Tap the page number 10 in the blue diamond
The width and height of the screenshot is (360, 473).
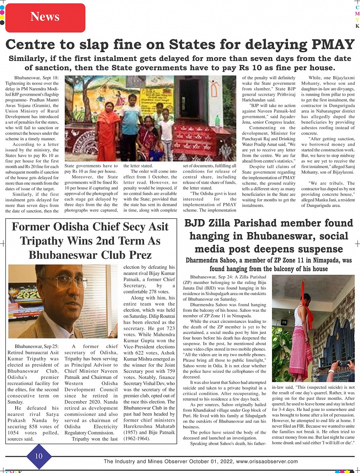(38, 456)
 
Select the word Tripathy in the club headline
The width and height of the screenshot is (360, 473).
(42, 241)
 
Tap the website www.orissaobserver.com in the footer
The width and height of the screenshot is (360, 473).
(267, 462)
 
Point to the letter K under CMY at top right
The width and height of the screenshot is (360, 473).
(357, 26)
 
